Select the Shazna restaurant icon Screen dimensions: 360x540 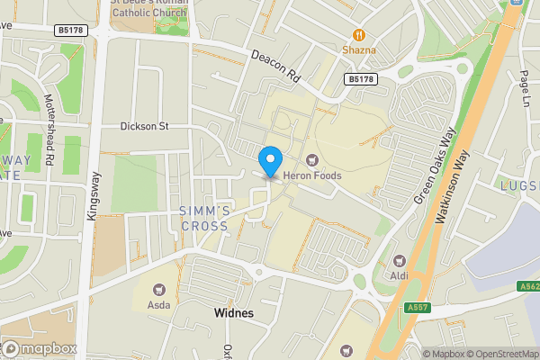[x=358, y=35]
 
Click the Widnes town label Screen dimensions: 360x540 [x=234, y=313]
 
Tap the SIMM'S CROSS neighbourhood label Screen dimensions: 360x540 [x=206, y=219]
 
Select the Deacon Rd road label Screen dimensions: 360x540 [x=274, y=67]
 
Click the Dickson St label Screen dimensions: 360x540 [x=145, y=126]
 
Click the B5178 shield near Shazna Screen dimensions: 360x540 [x=360, y=79]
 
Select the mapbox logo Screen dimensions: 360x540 [x=40, y=348]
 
